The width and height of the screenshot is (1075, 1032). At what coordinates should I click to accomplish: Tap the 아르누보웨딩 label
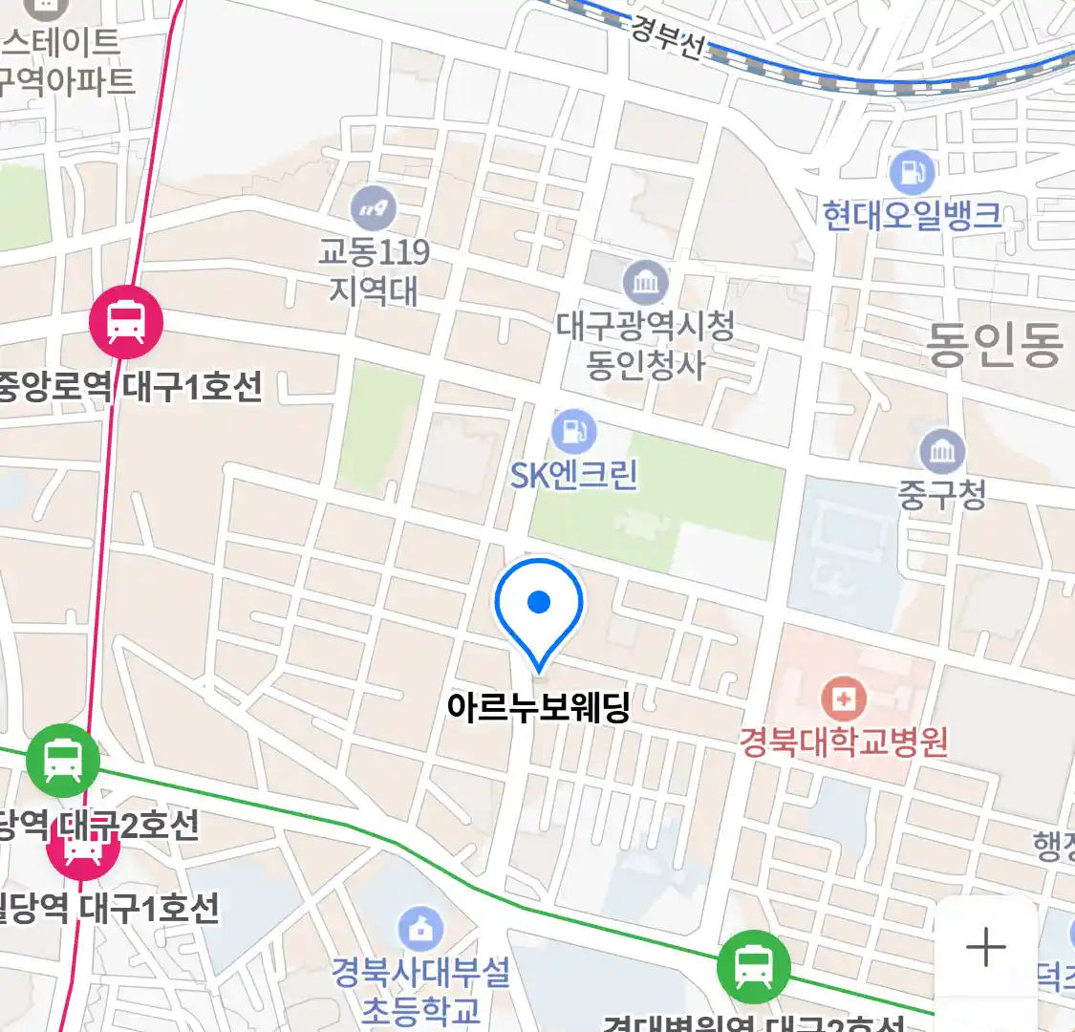539,708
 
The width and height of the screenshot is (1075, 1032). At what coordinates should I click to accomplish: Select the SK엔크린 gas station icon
573,432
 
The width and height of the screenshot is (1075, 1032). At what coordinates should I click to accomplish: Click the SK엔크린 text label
573,475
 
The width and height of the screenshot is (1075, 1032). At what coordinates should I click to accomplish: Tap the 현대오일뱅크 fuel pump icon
913,172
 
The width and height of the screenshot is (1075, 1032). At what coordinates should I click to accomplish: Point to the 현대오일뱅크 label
913,215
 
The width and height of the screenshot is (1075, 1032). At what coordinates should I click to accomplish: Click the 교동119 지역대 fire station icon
373,207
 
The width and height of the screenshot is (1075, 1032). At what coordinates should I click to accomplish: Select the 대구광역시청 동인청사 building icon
646,282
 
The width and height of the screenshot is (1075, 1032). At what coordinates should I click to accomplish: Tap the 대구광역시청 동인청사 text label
646,345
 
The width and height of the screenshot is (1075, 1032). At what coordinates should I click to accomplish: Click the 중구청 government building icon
942,452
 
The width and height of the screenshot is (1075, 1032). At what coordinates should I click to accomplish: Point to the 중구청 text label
942,494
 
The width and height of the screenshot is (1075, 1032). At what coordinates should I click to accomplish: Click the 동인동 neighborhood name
994,344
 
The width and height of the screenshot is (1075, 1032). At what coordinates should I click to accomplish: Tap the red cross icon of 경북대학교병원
843,699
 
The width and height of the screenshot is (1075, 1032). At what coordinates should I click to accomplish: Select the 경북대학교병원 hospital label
843,742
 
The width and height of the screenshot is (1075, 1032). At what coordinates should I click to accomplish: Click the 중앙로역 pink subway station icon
126,322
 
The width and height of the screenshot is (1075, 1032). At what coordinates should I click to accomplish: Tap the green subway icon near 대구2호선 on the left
63,761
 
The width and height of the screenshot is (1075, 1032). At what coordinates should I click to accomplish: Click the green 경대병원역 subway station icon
754,967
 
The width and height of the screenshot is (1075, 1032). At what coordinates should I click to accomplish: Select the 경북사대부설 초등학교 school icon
420,928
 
